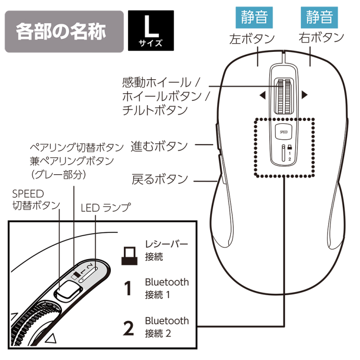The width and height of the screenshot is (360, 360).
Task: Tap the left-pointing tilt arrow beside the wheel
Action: tap(262, 96)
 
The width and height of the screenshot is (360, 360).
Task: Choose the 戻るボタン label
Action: tap(159, 180)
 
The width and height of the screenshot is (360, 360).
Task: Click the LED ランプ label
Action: tap(105, 207)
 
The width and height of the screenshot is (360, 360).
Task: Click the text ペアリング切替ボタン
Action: tap(74, 146)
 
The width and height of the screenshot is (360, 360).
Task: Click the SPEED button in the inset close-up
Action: tap(67, 290)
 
